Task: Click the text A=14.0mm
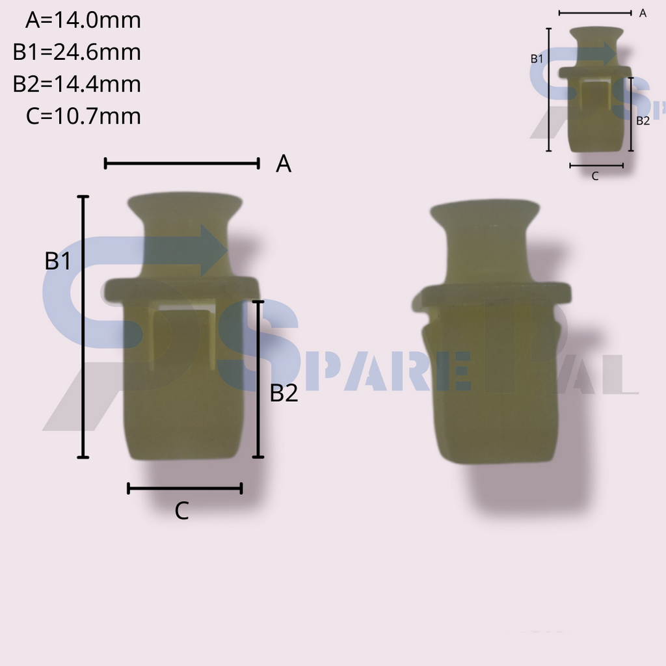click(x=83, y=20)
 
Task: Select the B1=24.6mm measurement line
click(x=77, y=52)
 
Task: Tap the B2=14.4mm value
click(x=77, y=84)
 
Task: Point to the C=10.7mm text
click(x=83, y=116)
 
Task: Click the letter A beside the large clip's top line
click(x=283, y=164)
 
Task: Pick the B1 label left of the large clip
click(x=58, y=261)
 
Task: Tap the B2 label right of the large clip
click(x=284, y=393)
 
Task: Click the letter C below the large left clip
click(x=182, y=511)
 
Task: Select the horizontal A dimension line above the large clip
click(x=181, y=163)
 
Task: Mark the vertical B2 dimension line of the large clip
click(x=258, y=379)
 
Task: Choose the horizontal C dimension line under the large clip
click(x=185, y=488)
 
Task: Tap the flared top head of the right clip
click(x=485, y=215)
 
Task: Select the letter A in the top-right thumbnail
click(x=643, y=13)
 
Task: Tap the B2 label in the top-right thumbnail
click(x=643, y=120)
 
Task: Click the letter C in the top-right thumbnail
click(x=595, y=176)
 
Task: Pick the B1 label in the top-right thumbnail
click(x=537, y=59)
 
